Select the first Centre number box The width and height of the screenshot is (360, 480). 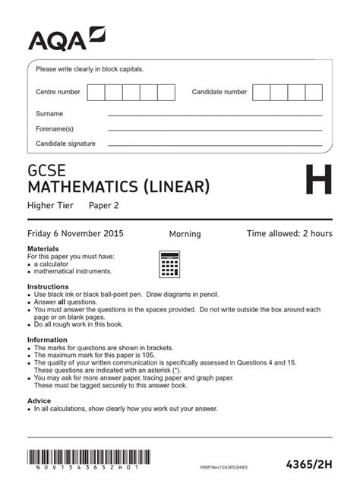(x=96, y=92)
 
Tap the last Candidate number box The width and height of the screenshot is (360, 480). (x=314, y=92)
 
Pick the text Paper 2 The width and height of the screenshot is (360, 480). (x=104, y=205)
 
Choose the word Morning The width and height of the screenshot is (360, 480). (x=185, y=234)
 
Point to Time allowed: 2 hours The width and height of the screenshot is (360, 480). (x=289, y=233)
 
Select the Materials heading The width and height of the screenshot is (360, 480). (x=43, y=249)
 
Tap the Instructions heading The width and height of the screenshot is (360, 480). (x=48, y=286)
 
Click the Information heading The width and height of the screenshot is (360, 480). (x=48, y=339)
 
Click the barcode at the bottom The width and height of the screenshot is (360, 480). (x=89, y=458)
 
